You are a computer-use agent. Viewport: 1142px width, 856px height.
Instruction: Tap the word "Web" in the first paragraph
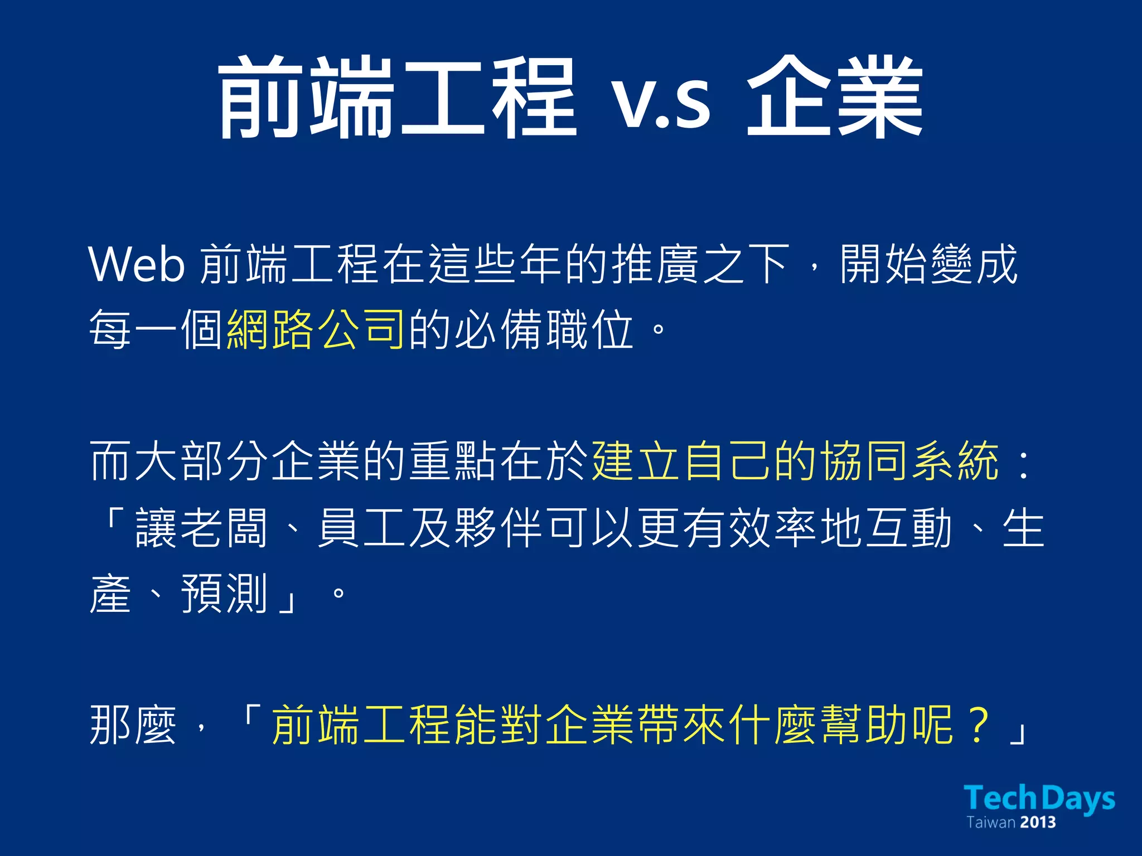pyautogui.click(x=137, y=264)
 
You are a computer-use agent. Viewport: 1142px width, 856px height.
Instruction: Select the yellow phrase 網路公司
pyautogui.click(x=316, y=329)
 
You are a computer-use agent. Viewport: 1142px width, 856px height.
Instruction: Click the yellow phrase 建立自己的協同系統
pyautogui.click(x=795, y=461)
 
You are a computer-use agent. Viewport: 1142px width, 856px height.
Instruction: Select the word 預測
pyautogui.click(x=225, y=594)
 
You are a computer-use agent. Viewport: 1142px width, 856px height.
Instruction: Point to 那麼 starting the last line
pyautogui.click(x=133, y=724)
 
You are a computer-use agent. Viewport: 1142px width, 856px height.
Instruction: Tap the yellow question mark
pyautogui.click(x=979, y=724)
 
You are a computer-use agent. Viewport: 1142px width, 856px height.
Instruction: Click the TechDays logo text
pyautogui.click(x=1039, y=798)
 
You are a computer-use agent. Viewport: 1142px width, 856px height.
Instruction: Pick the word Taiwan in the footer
pyautogui.click(x=990, y=823)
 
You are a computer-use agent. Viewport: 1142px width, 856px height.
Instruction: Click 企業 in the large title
pyautogui.click(x=835, y=98)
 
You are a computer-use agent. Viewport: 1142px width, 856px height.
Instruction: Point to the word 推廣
pyautogui.click(x=656, y=264)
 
